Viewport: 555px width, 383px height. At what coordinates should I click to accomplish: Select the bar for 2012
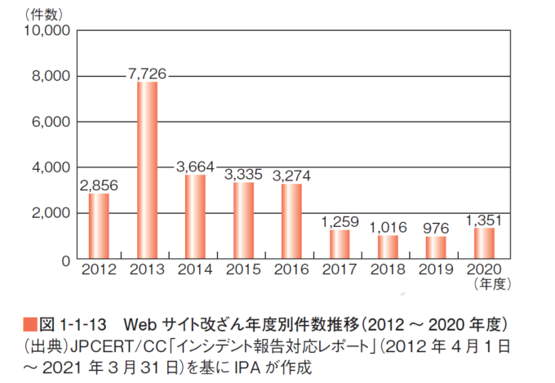pyautogui.click(x=99, y=225)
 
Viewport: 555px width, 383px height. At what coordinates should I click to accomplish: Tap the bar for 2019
pyautogui.click(x=437, y=247)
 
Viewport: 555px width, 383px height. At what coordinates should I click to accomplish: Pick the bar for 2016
pyautogui.click(x=291, y=221)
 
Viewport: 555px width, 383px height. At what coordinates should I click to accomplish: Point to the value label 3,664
pyautogui.click(x=195, y=167)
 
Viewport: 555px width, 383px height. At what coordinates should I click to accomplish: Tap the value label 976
pyautogui.click(x=437, y=228)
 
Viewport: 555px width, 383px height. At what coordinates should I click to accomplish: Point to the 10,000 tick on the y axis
pyautogui.click(x=49, y=31)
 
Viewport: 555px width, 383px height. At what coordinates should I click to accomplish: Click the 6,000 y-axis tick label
pyautogui.click(x=53, y=122)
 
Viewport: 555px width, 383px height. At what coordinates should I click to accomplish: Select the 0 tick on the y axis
pyautogui.click(x=68, y=260)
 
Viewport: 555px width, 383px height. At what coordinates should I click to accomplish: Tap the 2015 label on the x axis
pyautogui.click(x=243, y=269)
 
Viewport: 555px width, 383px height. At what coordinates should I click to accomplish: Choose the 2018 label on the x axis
pyautogui.click(x=388, y=269)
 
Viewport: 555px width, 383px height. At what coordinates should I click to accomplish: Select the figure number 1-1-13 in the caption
pyautogui.click(x=87, y=321)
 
